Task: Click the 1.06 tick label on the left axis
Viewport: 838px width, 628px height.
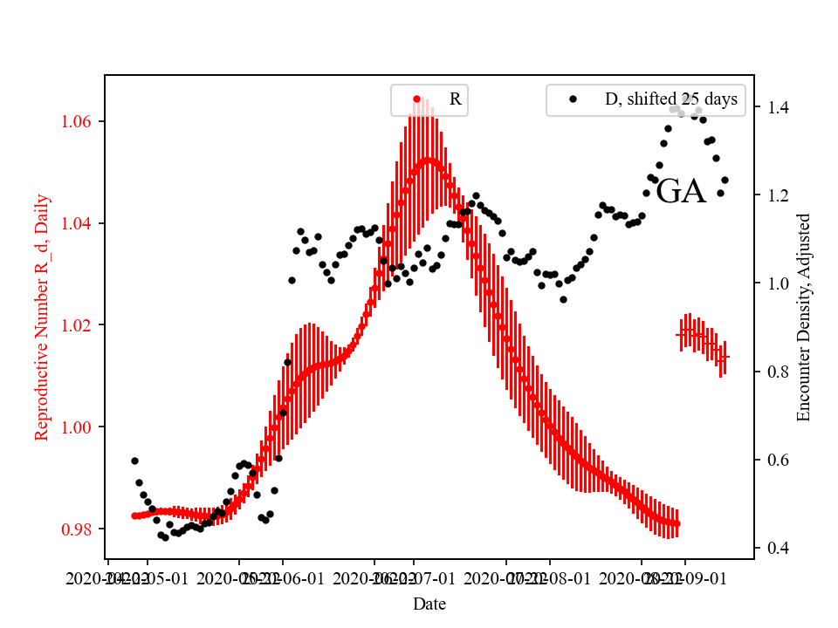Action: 79,121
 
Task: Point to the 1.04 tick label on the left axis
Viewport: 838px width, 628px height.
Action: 79,223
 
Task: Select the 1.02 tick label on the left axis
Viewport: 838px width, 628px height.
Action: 79,324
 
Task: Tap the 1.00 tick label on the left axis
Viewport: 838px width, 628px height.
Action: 79,427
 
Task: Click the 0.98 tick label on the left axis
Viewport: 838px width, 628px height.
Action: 79,529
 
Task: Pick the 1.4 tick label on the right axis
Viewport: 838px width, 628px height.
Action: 777,108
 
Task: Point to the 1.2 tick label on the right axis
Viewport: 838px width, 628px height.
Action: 777,196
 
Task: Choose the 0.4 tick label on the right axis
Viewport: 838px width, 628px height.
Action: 777,549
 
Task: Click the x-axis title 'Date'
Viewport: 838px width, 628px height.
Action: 429,604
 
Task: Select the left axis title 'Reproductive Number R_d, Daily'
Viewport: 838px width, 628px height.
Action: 41,317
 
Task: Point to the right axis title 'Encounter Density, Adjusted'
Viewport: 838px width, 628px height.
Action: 805,317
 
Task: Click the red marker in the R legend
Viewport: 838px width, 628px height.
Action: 416,99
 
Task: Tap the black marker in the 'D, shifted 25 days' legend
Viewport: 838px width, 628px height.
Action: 573,99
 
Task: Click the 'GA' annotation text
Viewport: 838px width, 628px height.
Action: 680,192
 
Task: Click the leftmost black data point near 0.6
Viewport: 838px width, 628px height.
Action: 134,461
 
